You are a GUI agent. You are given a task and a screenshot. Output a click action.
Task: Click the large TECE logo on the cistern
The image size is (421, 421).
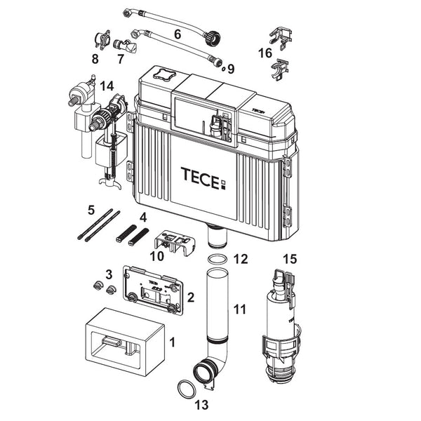pyautogui.click(x=203, y=178)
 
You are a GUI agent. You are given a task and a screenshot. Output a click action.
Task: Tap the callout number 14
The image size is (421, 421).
pyautogui.click(x=107, y=86)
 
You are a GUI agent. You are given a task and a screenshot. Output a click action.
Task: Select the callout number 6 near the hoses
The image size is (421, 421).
pyautogui.click(x=178, y=34)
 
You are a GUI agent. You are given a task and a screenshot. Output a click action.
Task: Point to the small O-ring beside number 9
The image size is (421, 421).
pyautogui.click(x=223, y=69)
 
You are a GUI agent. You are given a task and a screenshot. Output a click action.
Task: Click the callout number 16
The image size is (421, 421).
pyautogui.click(x=265, y=53)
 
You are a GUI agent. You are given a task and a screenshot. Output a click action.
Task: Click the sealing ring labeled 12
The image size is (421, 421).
pyautogui.click(x=218, y=260)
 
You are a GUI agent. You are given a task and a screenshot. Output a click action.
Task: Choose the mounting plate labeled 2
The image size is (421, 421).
pyautogui.click(x=152, y=290)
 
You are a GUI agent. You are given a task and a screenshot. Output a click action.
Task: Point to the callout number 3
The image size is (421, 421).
pyautogui.click(x=109, y=274)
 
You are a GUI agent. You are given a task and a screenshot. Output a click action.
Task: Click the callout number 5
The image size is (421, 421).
pyautogui.click(x=91, y=210)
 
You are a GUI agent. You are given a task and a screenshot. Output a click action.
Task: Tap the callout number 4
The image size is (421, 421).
pyautogui.click(x=144, y=218)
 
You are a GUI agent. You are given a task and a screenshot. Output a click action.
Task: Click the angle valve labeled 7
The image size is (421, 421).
pyautogui.click(x=126, y=46)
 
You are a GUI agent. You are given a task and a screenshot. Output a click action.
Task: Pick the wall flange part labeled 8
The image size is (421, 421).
pyautogui.click(x=102, y=40)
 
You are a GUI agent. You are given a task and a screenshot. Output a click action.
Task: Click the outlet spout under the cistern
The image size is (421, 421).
pyautogui.click(x=218, y=236)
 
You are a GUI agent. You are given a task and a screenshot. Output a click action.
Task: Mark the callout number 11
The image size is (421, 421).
pyautogui.click(x=239, y=309)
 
